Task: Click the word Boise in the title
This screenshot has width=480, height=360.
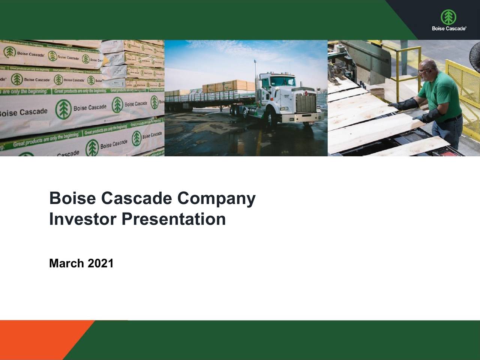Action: pyautogui.click(x=72, y=198)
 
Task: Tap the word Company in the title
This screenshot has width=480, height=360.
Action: pyautogui.click(x=216, y=198)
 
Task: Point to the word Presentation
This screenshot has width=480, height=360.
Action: pyautogui.click(x=174, y=219)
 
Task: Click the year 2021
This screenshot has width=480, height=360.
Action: pyautogui.click(x=100, y=263)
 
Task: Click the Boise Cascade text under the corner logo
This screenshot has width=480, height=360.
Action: pyautogui.click(x=449, y=28)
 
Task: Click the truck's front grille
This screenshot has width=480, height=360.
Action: pyautogui.click(x=306, y=102)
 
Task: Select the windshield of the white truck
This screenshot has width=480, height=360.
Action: pyautogui.click(x=283, y=82)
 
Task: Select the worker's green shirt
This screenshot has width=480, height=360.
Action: pyautogui.click(x=442, y=94)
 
